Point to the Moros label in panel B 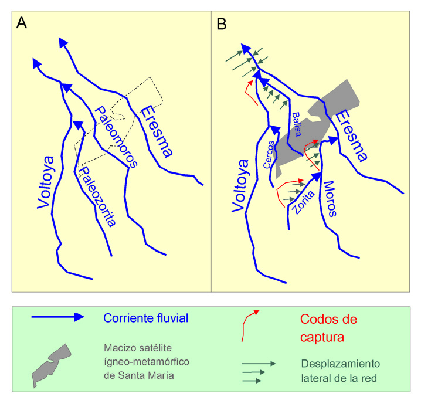click(x=331, y=199)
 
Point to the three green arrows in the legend click(x=258, y=372)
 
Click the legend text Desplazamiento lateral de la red click(x=341, y=372)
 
